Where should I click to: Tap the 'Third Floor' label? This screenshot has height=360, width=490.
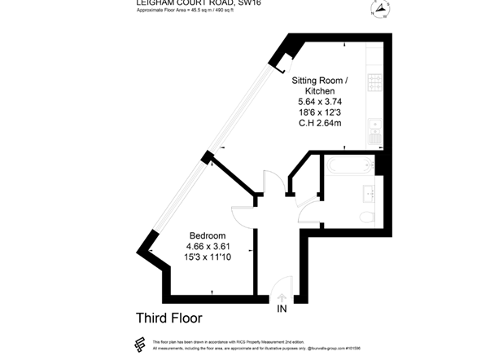(168, 318)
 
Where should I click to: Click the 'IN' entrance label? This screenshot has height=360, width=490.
(282, 310)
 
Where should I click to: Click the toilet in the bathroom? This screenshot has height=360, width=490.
(366, 216)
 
